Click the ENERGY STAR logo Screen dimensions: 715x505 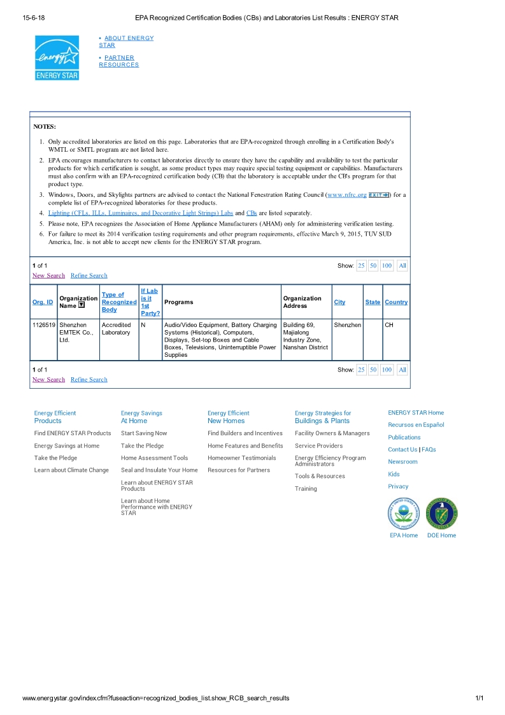(x=57, y=57)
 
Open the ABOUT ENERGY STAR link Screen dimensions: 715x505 (x=126, y=41)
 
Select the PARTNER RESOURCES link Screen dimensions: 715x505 (x=119, y=61)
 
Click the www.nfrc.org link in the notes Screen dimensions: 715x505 (x=346, y=194)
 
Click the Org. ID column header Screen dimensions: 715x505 (x=43, y=302)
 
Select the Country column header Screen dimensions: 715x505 (x=396, y=302)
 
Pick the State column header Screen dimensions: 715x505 (x=373, y=302)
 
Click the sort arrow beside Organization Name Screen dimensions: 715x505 (x=82, y=305)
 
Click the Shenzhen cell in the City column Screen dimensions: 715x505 (x=347, y=325)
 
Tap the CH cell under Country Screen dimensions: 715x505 (x=389, y=325)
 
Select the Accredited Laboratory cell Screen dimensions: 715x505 (x=116, y=329)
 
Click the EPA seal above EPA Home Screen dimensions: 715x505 (x=403, y=514)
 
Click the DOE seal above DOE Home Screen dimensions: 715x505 (x=441, y=514)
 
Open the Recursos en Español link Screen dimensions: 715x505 (x=416, y=425)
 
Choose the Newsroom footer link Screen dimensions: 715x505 (x=402, y=462)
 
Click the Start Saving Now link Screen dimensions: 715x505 (x=144, y=433)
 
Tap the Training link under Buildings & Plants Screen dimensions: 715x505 (x=306, y=489)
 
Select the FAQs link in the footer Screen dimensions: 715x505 (x=429, y=450)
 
